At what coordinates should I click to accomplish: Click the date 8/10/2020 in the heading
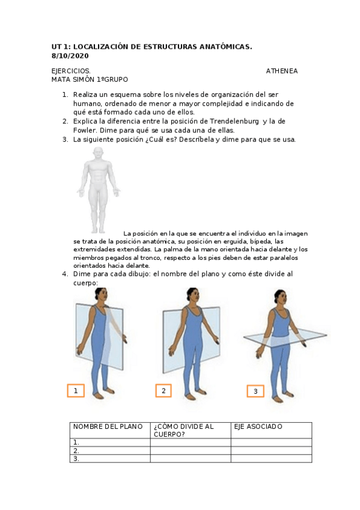click(x=70, y=56)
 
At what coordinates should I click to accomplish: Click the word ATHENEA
click(x=282, y=71)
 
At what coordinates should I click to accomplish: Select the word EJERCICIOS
click(x=71, y=71)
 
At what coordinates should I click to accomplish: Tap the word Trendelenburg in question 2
click(x=234, y=121)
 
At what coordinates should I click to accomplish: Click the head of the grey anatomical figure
click(x=98, y=154)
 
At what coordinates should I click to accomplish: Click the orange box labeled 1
click(x=76, y=391)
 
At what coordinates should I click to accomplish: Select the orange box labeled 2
click(x=163, y=391)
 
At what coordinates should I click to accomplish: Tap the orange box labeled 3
click(x=255, y=391)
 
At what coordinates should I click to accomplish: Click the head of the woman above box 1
click(x=101, y=296)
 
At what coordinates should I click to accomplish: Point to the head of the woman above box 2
click(x=193, y=296)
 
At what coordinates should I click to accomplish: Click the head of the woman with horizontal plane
click(x=280, y=298)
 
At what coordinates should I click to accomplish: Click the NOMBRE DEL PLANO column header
click(x=108, y=426)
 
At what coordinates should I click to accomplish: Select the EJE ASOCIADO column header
click(x=258, y=426)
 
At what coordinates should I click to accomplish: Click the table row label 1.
click(x=76, y=443)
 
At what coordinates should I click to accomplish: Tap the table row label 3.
click(x=76, y=459)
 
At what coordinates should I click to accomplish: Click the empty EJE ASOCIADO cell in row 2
click(x=271, y=450)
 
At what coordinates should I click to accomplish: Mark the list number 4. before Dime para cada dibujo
click(x=65, y=274)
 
